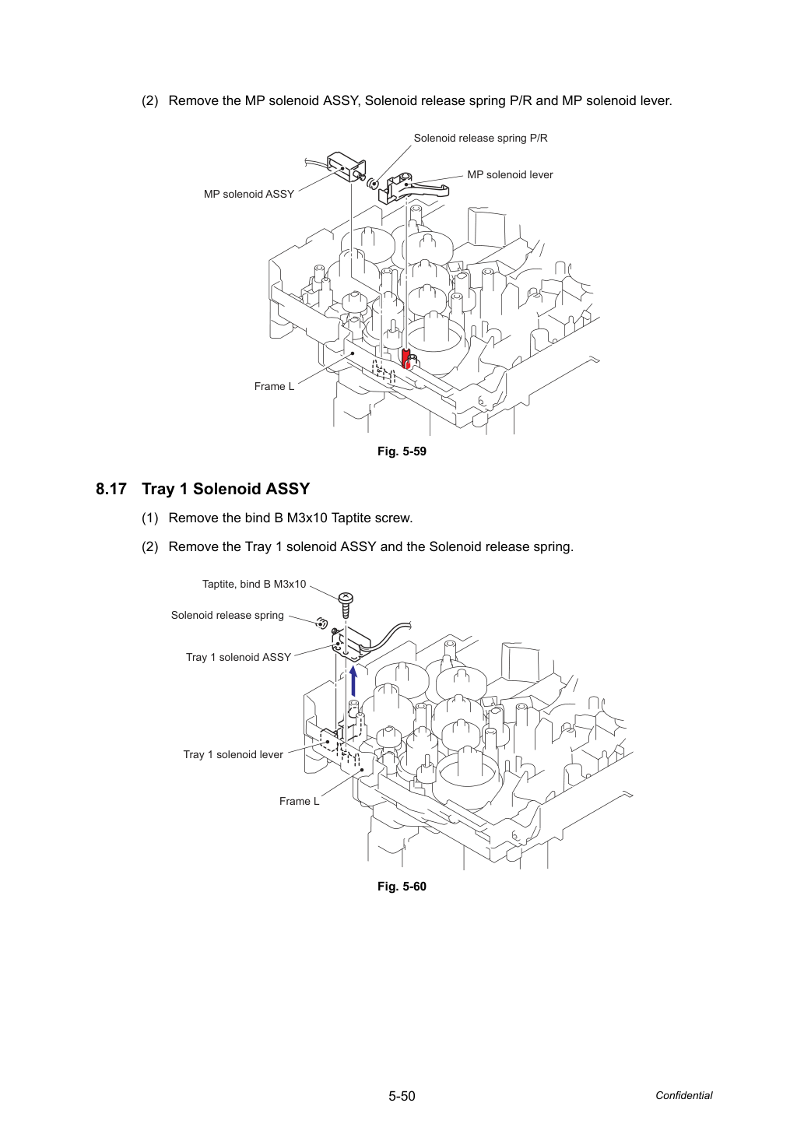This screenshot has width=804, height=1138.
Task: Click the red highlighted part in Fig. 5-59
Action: click(406, 358)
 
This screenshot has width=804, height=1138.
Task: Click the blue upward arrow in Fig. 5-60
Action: click(353, 681)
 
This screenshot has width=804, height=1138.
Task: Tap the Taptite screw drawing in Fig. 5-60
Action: click(346, 605)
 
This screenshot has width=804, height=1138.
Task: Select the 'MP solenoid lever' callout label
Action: click(510, 175)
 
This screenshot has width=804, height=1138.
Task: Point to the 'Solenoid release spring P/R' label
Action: click(480, 139)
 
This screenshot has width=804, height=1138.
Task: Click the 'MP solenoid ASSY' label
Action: click(249, 194)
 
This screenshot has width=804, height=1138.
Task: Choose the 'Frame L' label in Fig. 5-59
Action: click(274, 386)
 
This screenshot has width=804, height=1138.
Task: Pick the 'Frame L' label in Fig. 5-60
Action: click(299, 801)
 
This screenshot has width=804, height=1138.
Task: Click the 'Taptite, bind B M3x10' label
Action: click(254, 585)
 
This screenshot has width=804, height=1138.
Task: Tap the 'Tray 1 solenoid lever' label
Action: click(233, 754)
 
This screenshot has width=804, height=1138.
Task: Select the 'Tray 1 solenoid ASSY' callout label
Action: click(238, 658)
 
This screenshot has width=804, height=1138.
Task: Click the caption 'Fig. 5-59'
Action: click(402, 451)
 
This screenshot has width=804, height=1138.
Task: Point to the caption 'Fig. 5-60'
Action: click(402, 887)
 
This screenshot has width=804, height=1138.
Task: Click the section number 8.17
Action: click(111, 489)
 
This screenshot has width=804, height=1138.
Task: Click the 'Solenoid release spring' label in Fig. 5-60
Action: click(227, 615)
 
